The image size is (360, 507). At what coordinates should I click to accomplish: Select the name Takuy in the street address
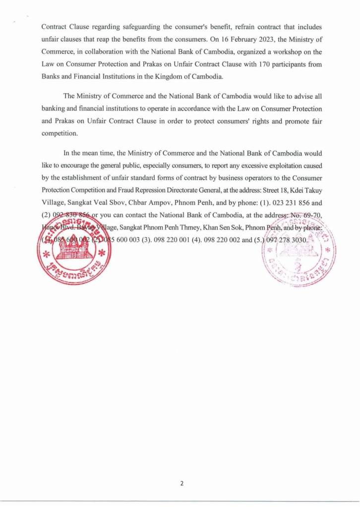(x=312, y=190)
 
